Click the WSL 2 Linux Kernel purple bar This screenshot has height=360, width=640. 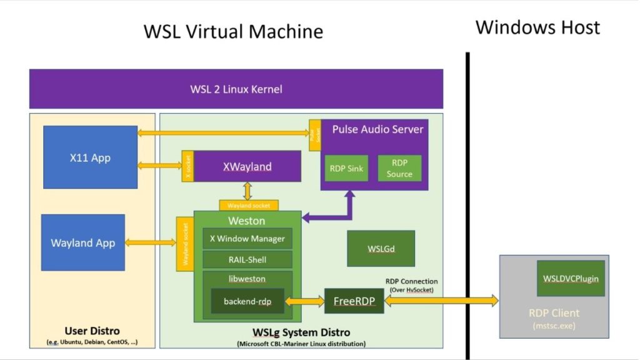(x=236, y=89)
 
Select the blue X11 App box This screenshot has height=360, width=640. (x=90, y=157)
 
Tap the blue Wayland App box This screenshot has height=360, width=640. (x=83, y=242)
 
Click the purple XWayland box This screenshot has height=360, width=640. (x=247, y=166)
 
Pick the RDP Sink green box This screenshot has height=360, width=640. (x=346, y=168)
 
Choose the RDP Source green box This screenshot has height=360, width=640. (x=399, y=168)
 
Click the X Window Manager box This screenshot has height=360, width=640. (x=247, y=238)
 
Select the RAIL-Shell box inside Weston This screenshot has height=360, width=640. (x=247, y=259)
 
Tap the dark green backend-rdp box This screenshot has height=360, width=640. (x=247, y=301)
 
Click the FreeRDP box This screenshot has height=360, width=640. (x=354, y=301)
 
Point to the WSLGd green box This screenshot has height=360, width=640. (x=381, y=248)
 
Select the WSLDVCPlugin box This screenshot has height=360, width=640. (x=571, y=278)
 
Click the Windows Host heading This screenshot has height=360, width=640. (x=537, y=27)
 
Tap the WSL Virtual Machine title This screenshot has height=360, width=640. (x=234, y=31)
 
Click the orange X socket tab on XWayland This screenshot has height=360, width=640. (x=186, y=166)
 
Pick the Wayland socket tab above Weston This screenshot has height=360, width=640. (x=248, y=205)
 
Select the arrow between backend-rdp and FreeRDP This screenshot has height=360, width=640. (x=304, y=301)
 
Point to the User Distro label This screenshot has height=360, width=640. (x=92, y=331)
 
